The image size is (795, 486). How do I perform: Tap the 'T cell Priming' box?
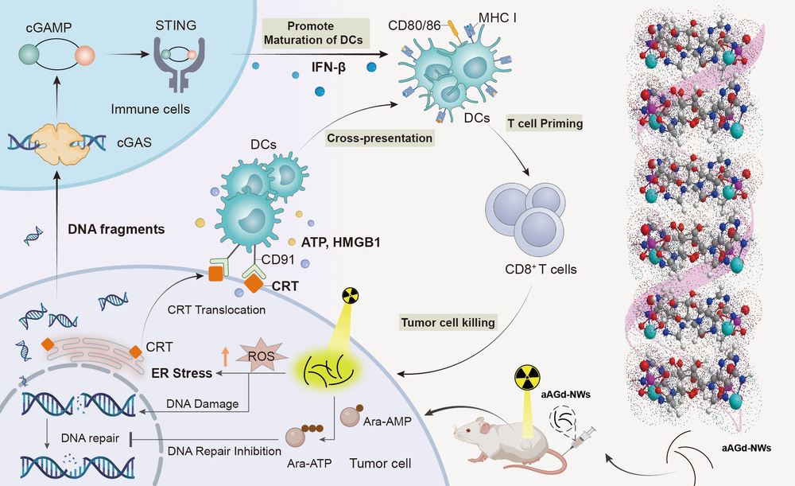pyautogui.click(x=545, y=124)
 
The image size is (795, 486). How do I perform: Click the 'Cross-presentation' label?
pyautogui.click(x=379, y=138)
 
